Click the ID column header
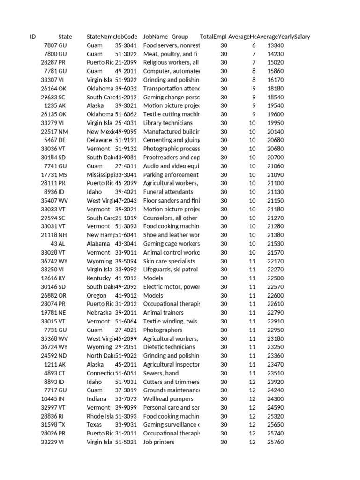[33, 37]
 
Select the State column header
[65, 37]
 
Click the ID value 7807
[50, 45]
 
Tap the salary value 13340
[275, 45]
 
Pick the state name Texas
[94, 425]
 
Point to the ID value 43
[54, 244]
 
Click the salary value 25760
[275, 442]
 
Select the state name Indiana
[97, 399]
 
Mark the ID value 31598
[49, 425]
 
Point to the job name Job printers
[159, 442]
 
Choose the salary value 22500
[275, 278]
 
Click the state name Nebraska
[99, 313]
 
